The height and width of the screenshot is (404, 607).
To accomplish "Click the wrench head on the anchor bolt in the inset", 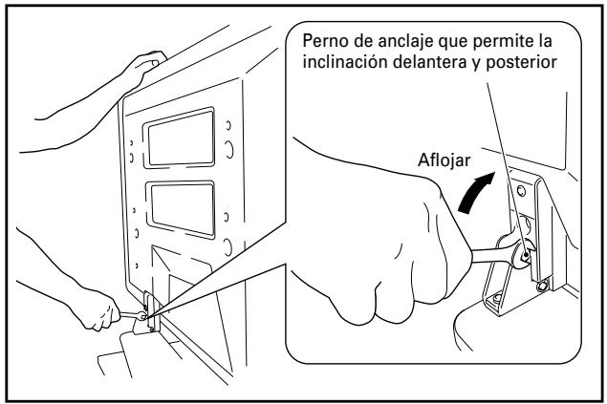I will tap(525, 254).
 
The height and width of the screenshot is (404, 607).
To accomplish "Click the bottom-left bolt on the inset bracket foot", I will tap(497, 300).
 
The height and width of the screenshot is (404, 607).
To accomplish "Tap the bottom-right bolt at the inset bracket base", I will tap(541, 285).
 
